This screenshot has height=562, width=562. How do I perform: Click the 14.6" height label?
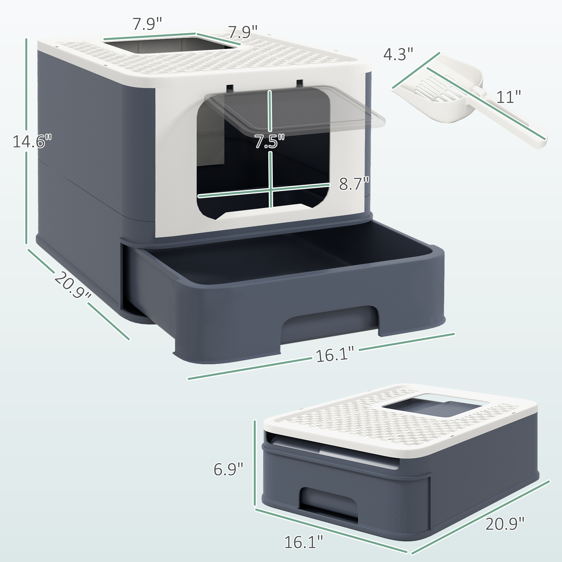pyautogui.click(x=32, y=142)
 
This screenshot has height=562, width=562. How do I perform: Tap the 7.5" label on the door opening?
pyautogui.click(x=269, y=142)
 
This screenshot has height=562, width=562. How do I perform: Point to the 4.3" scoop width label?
pyautogui.click(x=398, y=54)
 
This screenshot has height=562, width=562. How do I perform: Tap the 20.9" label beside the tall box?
pyautogui.click(x=72, y=285)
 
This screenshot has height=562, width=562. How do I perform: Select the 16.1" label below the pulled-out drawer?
pyautogui.click(x=335, y=355)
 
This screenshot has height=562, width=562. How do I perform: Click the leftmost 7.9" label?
pyautogui.click(x=147, y=24)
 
